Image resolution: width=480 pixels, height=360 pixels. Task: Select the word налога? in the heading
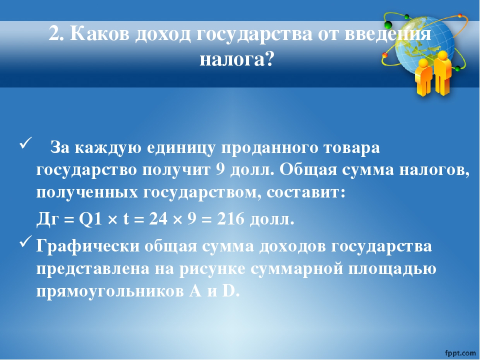click(236, 59)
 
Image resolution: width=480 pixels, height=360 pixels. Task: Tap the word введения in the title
click(388, 33)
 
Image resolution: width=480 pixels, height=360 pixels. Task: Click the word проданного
click(269, 148)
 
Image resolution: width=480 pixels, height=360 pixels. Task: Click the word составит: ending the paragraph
click(306, 193)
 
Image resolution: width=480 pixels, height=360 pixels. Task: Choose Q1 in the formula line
click(90, 219)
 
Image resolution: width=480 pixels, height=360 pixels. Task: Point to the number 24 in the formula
click(158, 219)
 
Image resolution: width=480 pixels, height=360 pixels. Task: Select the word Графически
click(88, 246)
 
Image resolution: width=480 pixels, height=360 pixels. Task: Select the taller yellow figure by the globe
click(441, 73)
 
